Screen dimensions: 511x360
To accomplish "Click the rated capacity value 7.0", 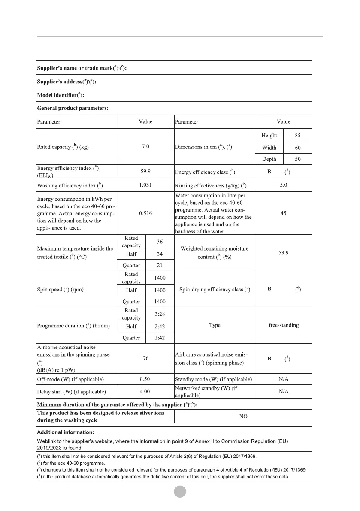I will tap(145, 147).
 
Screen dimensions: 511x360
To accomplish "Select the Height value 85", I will tap(298, 136).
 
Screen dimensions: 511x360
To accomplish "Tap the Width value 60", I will tap(298, 148).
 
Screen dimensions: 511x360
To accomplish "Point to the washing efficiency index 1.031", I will tap(145, 185).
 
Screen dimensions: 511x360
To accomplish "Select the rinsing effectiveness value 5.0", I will tap(283, 185).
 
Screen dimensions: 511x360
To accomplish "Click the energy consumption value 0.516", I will tap(145, 212).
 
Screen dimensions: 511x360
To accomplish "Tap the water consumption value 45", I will tap(283, 213).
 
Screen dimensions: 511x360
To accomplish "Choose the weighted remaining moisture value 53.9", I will tap(283, 253).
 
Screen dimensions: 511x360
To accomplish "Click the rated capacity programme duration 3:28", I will tap(159, 314).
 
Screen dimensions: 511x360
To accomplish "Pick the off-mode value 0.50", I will tap(145, 379).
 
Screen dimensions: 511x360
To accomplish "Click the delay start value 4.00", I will tap(145, 391).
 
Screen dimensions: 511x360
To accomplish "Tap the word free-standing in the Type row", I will tap(284, 325).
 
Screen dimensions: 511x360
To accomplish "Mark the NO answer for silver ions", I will tap(243, 417).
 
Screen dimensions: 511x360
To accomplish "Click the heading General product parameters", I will tap(73, 108).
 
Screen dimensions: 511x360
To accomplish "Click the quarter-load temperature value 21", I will tap(159, 265).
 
